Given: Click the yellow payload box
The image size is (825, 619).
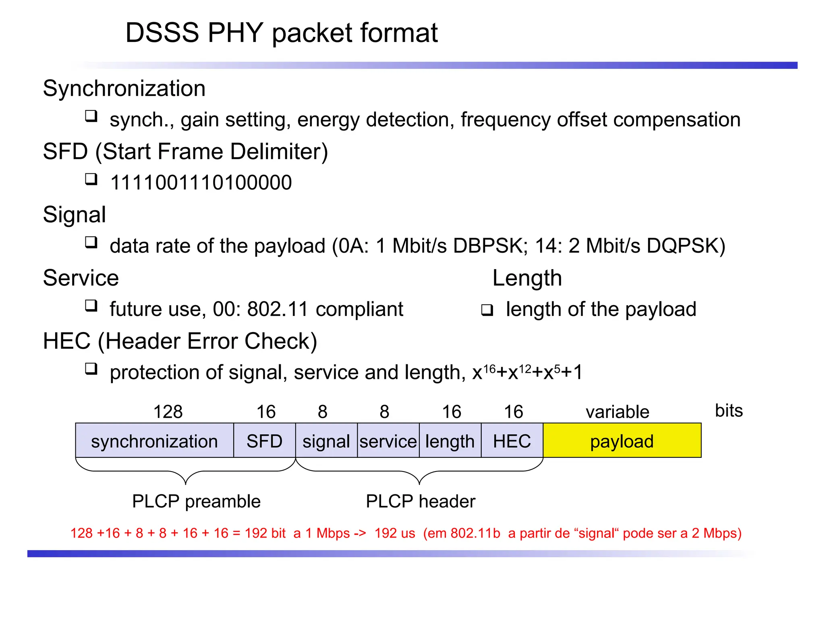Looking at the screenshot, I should point(622,440).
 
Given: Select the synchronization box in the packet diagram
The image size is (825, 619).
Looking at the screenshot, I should point(154,440).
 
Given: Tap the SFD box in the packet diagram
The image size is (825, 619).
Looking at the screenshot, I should point(264,440).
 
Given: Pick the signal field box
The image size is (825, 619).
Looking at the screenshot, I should point(326,440).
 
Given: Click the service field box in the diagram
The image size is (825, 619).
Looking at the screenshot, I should point(388,440).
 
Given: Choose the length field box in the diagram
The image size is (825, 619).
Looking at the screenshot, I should point(450,440).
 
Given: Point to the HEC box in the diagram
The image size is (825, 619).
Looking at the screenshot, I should point(512,440).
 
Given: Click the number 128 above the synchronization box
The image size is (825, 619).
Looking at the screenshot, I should point(168,412).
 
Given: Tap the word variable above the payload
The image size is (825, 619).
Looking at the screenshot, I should point(618,412).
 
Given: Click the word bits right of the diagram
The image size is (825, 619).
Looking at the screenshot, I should point(729,411).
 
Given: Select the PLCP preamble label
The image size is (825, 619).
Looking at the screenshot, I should point(196,501).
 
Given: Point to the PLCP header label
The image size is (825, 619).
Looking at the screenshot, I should point(421,501).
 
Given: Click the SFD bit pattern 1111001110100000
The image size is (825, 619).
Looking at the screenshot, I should point(201,183).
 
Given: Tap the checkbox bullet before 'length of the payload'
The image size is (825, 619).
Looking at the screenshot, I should point(487,310).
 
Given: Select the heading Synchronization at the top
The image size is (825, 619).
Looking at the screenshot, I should point(124,88).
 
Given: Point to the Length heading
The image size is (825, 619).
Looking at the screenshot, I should point(527,278).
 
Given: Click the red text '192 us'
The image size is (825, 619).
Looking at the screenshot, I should point(395,533).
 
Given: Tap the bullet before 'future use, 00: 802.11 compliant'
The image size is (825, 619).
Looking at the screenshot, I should point(91,305).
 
